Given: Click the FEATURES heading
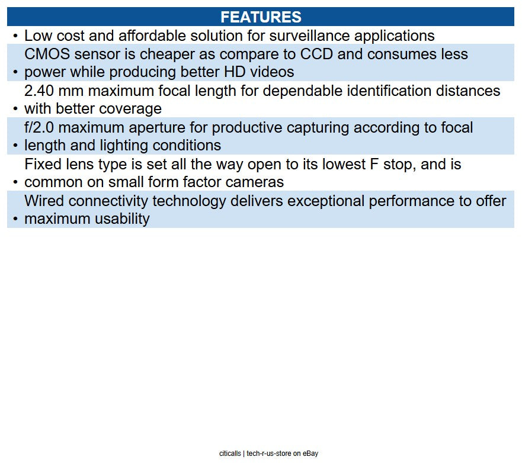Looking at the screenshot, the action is (261, 17).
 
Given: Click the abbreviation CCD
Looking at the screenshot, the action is (316, 54).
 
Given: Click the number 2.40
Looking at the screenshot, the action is (39, 91).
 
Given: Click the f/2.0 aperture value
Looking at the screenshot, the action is (39, 127).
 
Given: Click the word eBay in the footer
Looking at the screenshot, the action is (310, 454).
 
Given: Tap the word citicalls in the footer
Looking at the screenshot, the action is (230, 454).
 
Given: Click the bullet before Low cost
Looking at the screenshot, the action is (15, 36).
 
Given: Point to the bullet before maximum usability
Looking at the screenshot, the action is (15, 219).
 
